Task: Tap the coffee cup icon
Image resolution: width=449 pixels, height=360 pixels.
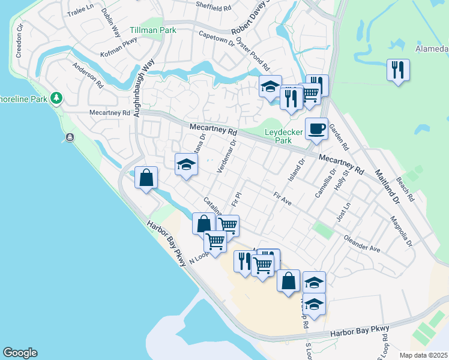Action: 316,128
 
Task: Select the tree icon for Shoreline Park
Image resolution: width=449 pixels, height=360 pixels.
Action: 56,97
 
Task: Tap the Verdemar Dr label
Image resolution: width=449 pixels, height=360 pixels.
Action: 228,155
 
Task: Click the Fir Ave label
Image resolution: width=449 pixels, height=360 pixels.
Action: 282,199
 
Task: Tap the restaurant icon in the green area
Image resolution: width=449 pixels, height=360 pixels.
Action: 398,70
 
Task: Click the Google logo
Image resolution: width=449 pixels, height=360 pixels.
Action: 20,353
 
